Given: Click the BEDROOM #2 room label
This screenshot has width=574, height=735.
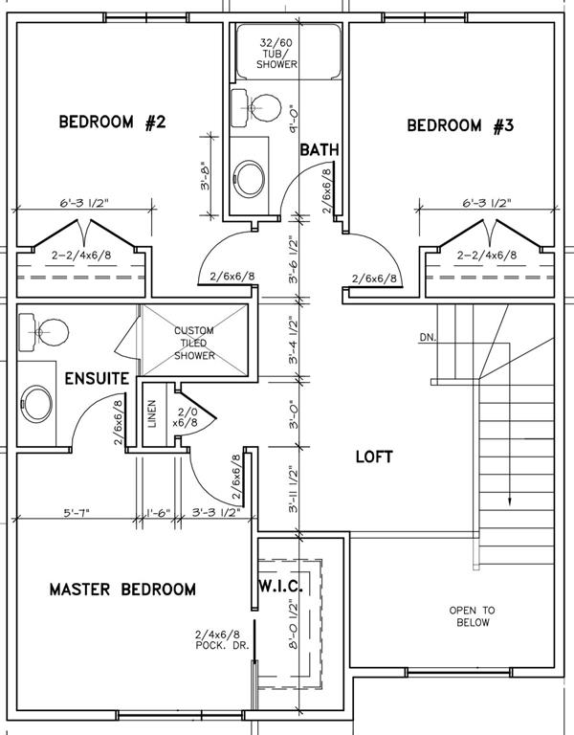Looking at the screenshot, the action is point(112,122).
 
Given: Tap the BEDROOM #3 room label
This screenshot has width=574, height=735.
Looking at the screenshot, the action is point(460,125).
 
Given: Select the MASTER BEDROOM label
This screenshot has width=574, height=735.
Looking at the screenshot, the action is point(122,590).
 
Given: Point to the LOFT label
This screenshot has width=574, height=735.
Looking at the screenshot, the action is point(374,457).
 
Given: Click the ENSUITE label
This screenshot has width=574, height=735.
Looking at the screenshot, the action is point(97,378).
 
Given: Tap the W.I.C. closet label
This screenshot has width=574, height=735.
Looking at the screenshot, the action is point(281,586).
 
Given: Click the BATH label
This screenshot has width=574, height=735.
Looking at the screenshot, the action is point(320,150).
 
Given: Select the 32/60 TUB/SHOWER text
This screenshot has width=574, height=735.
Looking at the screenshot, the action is point(276,54).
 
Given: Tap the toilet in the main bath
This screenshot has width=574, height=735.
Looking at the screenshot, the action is point(255,108).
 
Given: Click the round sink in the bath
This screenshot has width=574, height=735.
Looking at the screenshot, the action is point(250,179).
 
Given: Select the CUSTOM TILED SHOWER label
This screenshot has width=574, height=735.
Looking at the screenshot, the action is point(194,344).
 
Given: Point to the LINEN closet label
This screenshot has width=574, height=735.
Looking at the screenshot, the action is point(152,413).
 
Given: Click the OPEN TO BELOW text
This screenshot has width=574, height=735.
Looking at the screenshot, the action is point(473,616).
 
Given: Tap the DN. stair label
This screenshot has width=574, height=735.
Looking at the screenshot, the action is point(427,337).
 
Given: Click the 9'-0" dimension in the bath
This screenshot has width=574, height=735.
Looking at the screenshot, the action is point(294,119).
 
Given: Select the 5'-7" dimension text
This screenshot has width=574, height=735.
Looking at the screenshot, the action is point(77,512).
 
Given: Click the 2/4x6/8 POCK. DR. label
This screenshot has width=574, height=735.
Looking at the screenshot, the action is point(222,640).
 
